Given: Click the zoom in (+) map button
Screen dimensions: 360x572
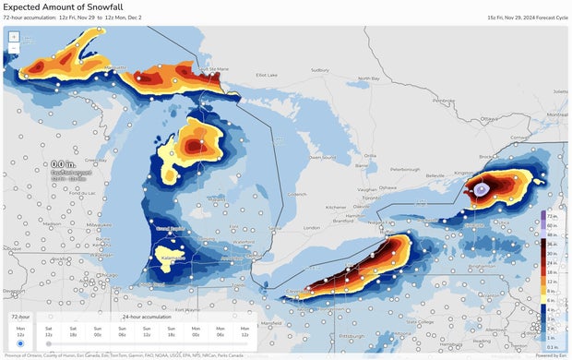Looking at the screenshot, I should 14,37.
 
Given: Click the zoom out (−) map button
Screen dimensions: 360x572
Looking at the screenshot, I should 14,48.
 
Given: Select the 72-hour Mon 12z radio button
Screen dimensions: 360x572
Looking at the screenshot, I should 20,343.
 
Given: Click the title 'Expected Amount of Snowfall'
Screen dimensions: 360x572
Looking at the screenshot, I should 62,6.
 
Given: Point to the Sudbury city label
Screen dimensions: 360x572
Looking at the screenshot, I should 319,69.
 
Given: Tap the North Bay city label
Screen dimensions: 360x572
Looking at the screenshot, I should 371,78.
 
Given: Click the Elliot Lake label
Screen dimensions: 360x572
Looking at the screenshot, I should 268,75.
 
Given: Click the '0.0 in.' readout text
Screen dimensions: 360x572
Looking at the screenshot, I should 64,164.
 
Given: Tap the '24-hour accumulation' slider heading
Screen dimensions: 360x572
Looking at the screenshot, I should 141,316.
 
